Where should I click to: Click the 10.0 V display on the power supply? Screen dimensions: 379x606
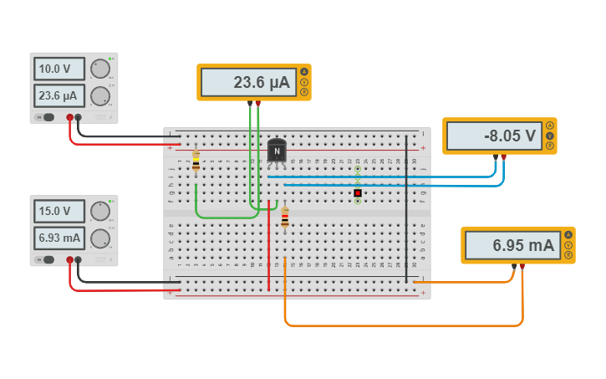tap(59, 69)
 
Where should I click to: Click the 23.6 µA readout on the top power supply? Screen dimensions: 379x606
tap(59, 95)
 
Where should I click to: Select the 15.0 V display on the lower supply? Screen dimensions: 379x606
tap(59, 211)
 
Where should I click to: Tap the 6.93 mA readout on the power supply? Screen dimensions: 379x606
tap(59, 238)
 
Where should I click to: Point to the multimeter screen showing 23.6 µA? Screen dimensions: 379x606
tap(248, 82)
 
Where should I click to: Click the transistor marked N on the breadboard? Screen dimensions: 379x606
tap(277, 151)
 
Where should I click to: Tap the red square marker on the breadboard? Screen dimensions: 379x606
tap(358, 192)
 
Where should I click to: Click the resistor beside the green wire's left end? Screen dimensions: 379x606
tap(196, 161)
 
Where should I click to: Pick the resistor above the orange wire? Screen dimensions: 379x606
tap(285, 219)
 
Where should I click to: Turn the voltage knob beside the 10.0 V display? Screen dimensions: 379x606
tap(100, 69)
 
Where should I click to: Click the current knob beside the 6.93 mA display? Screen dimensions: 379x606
tap(100, 238)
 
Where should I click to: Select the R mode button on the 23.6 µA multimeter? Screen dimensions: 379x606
tap(304, 92)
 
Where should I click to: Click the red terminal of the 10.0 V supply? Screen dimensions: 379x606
tap(69, 118)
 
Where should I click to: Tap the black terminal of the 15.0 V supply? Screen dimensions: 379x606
tap(78, 260)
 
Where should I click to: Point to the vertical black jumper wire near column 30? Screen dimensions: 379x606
tap(407, 209)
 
